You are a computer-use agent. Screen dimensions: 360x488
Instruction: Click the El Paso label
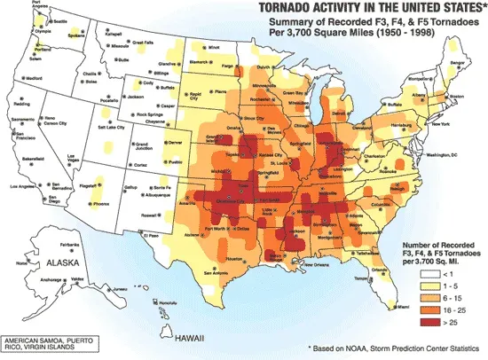click(x=152, y=236)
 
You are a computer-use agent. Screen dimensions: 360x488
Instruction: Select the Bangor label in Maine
click(x=457, y=64)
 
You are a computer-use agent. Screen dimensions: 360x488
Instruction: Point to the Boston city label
click(x=458, y=95)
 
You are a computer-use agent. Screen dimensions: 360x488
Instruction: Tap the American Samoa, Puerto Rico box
click(x=51, y=344)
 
